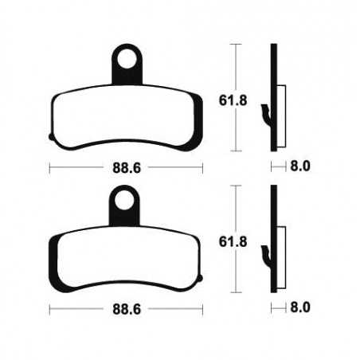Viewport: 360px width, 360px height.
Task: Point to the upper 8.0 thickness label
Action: (300, 167)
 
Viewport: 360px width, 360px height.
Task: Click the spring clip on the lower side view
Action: (266, 256)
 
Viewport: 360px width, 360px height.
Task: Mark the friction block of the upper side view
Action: (280, 104)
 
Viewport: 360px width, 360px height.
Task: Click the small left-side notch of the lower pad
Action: (52, 279)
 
